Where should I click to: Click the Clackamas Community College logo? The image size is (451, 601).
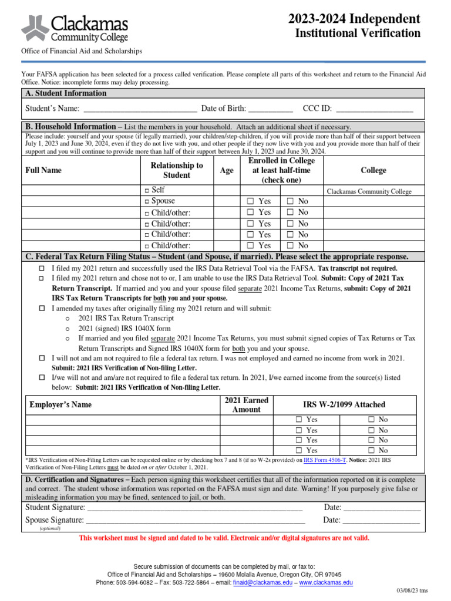point(75,28)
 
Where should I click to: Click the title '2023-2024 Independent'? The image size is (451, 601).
point(354,18)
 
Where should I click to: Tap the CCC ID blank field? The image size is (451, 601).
point(374,109)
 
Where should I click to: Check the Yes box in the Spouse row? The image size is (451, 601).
point(250,201)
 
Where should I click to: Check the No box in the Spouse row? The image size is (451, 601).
point(290,201)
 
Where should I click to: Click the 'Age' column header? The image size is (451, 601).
point(226,170)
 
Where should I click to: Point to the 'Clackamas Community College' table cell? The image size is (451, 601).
point(369,191)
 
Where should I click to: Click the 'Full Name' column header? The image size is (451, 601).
point(43,170)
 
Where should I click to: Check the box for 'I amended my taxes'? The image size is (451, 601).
point(42,308)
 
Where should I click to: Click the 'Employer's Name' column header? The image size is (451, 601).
point(60,404)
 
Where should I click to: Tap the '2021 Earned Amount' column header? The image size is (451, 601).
point(246,404)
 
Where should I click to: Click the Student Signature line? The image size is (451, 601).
point(194,508)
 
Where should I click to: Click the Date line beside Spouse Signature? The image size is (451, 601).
point(381,520)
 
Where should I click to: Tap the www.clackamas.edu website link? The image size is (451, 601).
point(327,583)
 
